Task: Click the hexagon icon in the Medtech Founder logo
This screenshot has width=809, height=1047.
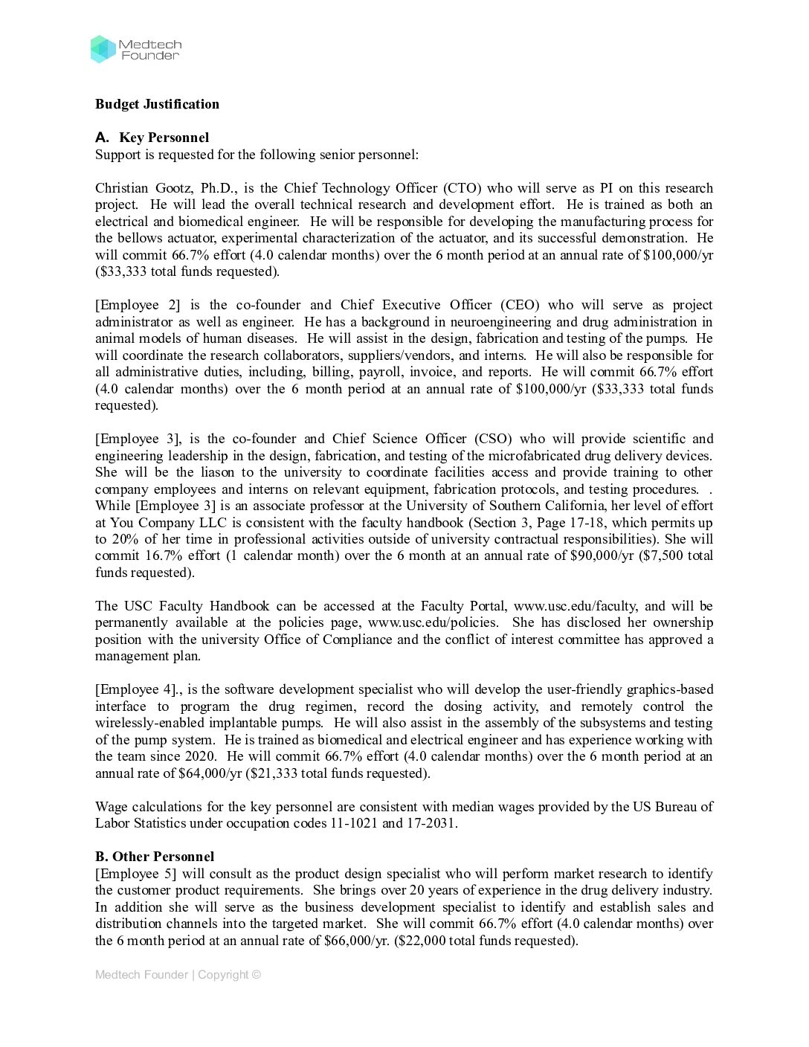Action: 103,49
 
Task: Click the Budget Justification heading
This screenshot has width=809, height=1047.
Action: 157,104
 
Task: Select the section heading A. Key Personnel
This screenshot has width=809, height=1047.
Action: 152,138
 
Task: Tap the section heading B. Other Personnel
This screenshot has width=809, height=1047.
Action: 155,857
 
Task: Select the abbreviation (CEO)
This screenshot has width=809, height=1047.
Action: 520,305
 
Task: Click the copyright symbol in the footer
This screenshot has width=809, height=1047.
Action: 257,975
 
